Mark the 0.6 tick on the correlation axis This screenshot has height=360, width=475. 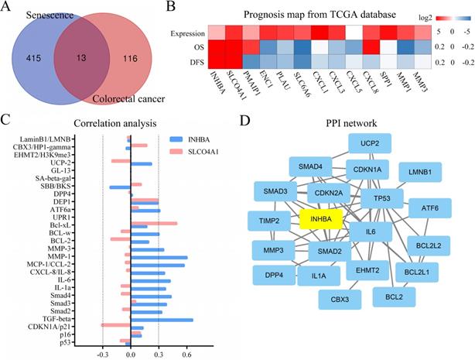coord(186,352)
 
